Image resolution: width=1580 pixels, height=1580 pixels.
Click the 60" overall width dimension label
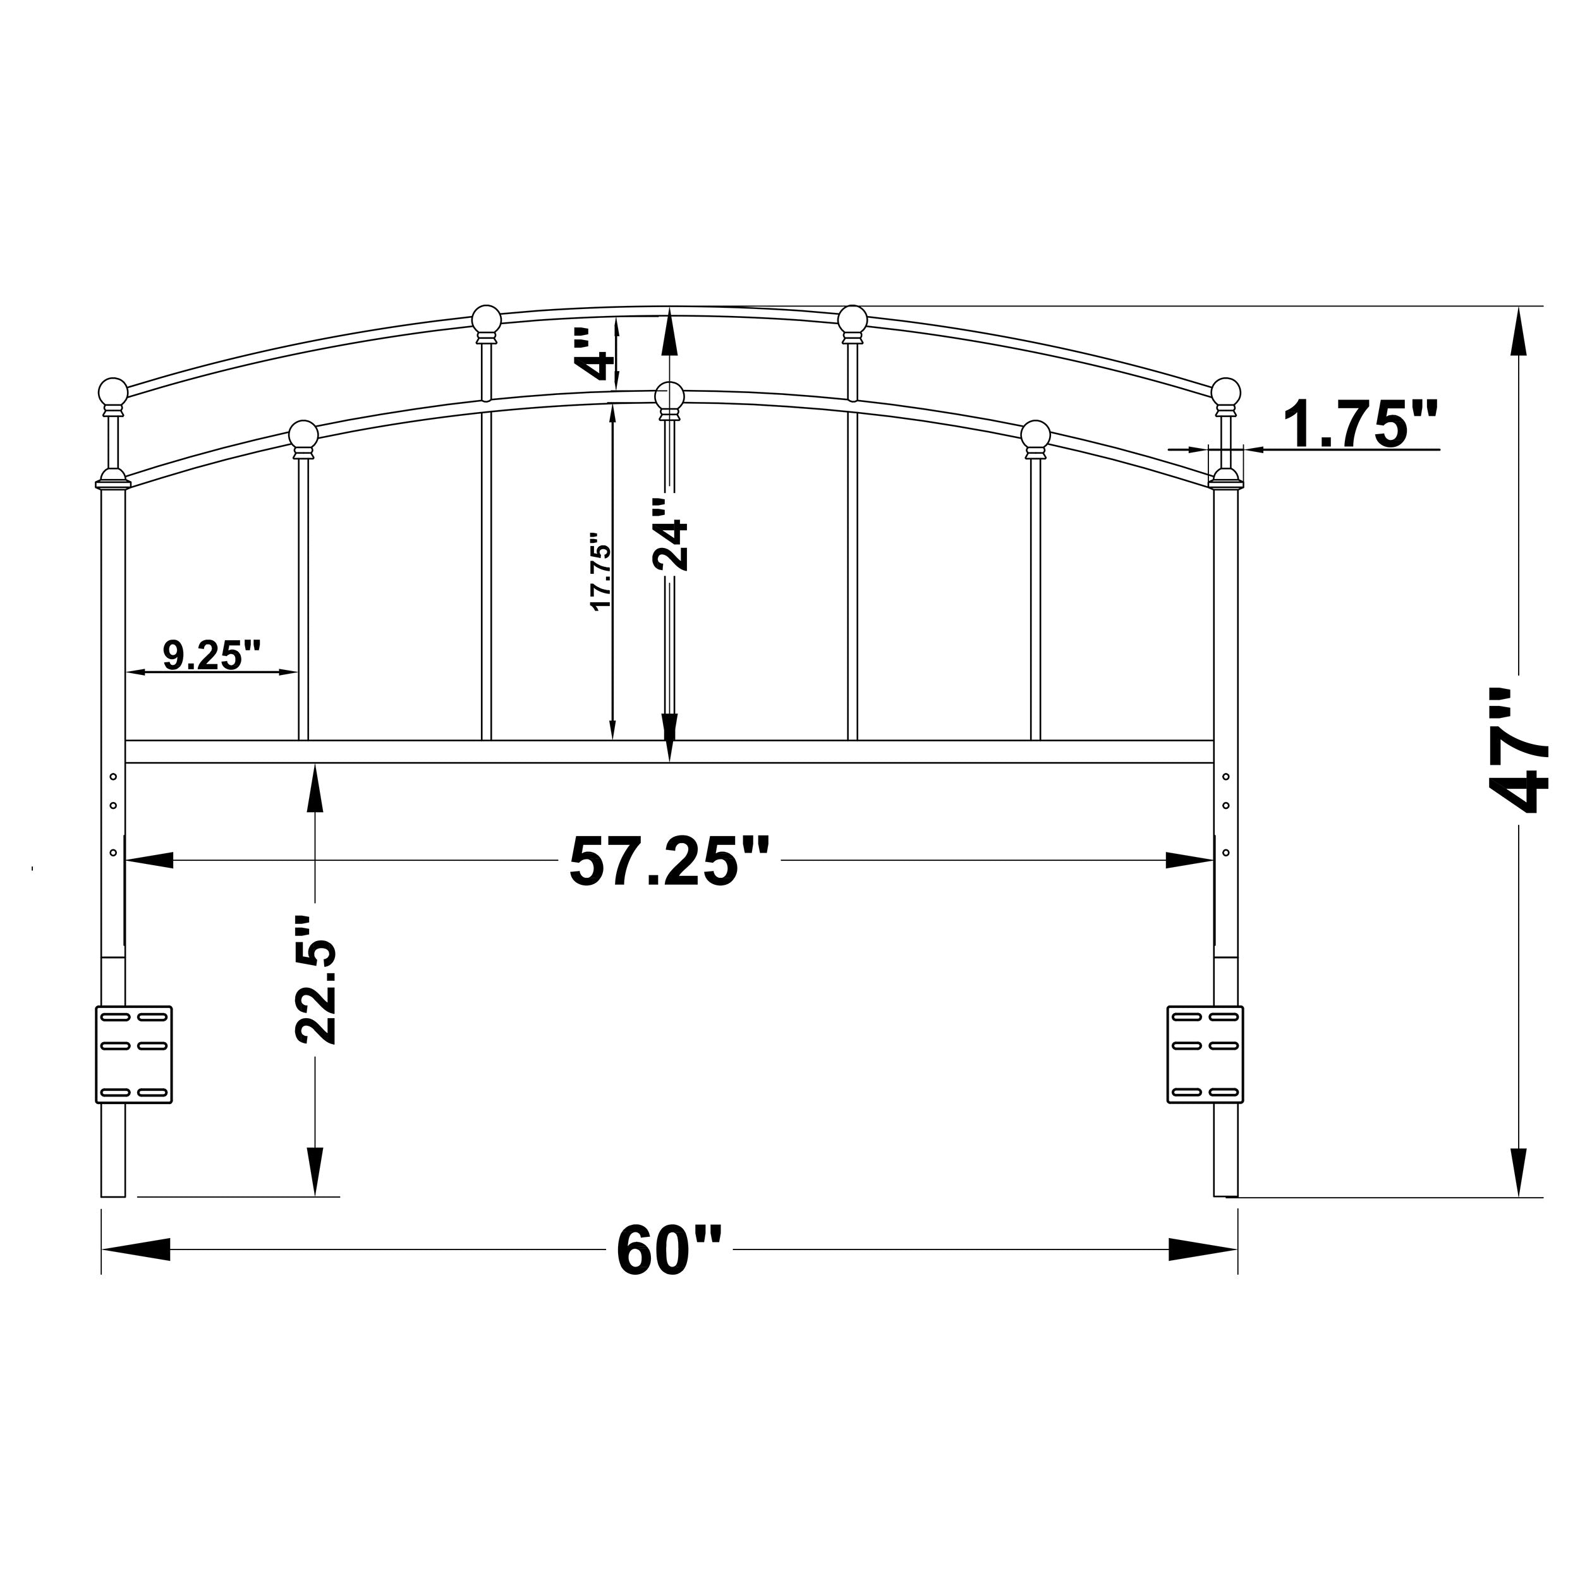669,1249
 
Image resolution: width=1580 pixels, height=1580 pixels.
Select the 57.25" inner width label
669,861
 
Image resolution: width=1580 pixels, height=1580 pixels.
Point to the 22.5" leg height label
315,980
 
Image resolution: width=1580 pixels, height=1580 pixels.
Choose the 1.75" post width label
1358,425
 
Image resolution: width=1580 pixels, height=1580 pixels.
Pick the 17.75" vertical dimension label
601,573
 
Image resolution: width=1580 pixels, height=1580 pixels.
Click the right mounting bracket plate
1205,1055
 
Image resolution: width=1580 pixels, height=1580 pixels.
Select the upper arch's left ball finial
487,320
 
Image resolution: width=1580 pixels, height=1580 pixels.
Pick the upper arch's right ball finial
852,320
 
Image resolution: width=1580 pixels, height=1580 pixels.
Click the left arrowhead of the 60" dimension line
131,1249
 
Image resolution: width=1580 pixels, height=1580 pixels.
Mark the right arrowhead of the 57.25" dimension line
1190,861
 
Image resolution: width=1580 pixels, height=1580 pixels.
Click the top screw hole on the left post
114,776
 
